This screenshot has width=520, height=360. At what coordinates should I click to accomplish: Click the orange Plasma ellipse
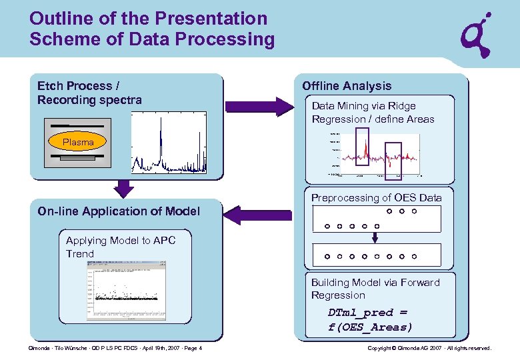78,142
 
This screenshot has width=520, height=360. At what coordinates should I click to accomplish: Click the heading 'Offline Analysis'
347,86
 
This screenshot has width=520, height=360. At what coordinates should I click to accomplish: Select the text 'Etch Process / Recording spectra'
89,93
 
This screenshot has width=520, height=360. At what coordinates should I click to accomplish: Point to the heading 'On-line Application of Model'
119,211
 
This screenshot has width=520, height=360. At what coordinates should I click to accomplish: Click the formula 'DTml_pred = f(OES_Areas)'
371,320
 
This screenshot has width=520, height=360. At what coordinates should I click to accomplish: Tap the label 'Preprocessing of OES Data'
377,198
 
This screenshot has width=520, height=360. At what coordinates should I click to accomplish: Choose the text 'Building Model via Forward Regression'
375,289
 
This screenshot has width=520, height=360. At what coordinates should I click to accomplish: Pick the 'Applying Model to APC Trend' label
120,247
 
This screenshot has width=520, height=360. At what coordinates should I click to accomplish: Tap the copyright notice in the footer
429,349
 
